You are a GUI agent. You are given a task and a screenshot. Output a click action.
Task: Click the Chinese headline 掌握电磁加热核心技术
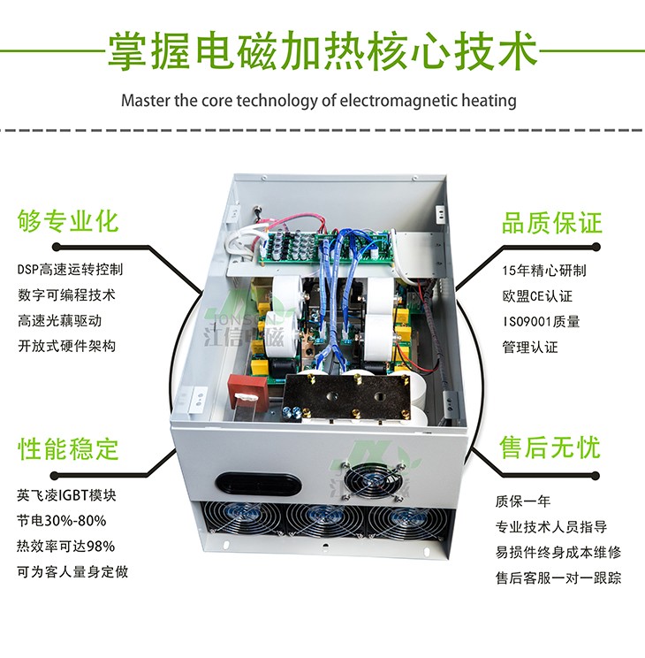(322, 50)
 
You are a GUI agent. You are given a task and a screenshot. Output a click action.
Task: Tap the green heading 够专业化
(68, 221)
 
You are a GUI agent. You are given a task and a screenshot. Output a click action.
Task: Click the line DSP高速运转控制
(70, 269)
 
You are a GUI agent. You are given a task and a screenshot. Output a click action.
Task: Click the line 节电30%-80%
(61, 520)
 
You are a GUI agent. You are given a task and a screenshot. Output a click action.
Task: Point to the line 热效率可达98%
(65, 546)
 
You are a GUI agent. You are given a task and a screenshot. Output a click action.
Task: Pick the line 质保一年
(522, 501)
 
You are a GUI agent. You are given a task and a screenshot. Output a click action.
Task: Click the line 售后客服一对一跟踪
(558, 578)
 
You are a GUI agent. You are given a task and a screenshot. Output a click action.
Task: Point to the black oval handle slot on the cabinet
(249, 481)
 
